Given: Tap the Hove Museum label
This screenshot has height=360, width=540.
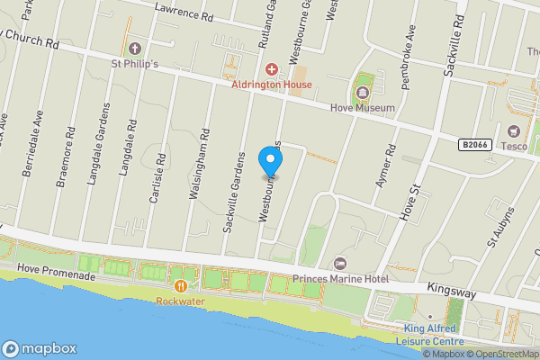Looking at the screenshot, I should tap(364, 108).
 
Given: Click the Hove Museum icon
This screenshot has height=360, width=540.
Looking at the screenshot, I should tap(363, 93).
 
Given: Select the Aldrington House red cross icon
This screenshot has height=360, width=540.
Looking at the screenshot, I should tap(270, 69).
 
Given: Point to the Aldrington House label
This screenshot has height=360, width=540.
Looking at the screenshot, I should tap(271, 85).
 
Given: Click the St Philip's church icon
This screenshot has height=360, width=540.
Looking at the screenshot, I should tap(135, 48).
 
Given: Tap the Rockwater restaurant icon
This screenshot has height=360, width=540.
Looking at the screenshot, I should tap(181, 285).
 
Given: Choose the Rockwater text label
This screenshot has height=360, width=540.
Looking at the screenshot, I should tap(181, 301).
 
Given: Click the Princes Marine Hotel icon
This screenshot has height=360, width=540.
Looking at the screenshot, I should tap(340, 263).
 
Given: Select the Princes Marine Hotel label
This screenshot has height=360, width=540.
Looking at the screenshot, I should tap(340, 279).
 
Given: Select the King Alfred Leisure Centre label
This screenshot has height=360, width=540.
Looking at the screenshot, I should tap(432, 335).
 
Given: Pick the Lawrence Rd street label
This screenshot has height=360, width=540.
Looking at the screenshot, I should tap(184, 11).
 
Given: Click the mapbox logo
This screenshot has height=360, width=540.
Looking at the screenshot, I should tap(40, 349).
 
